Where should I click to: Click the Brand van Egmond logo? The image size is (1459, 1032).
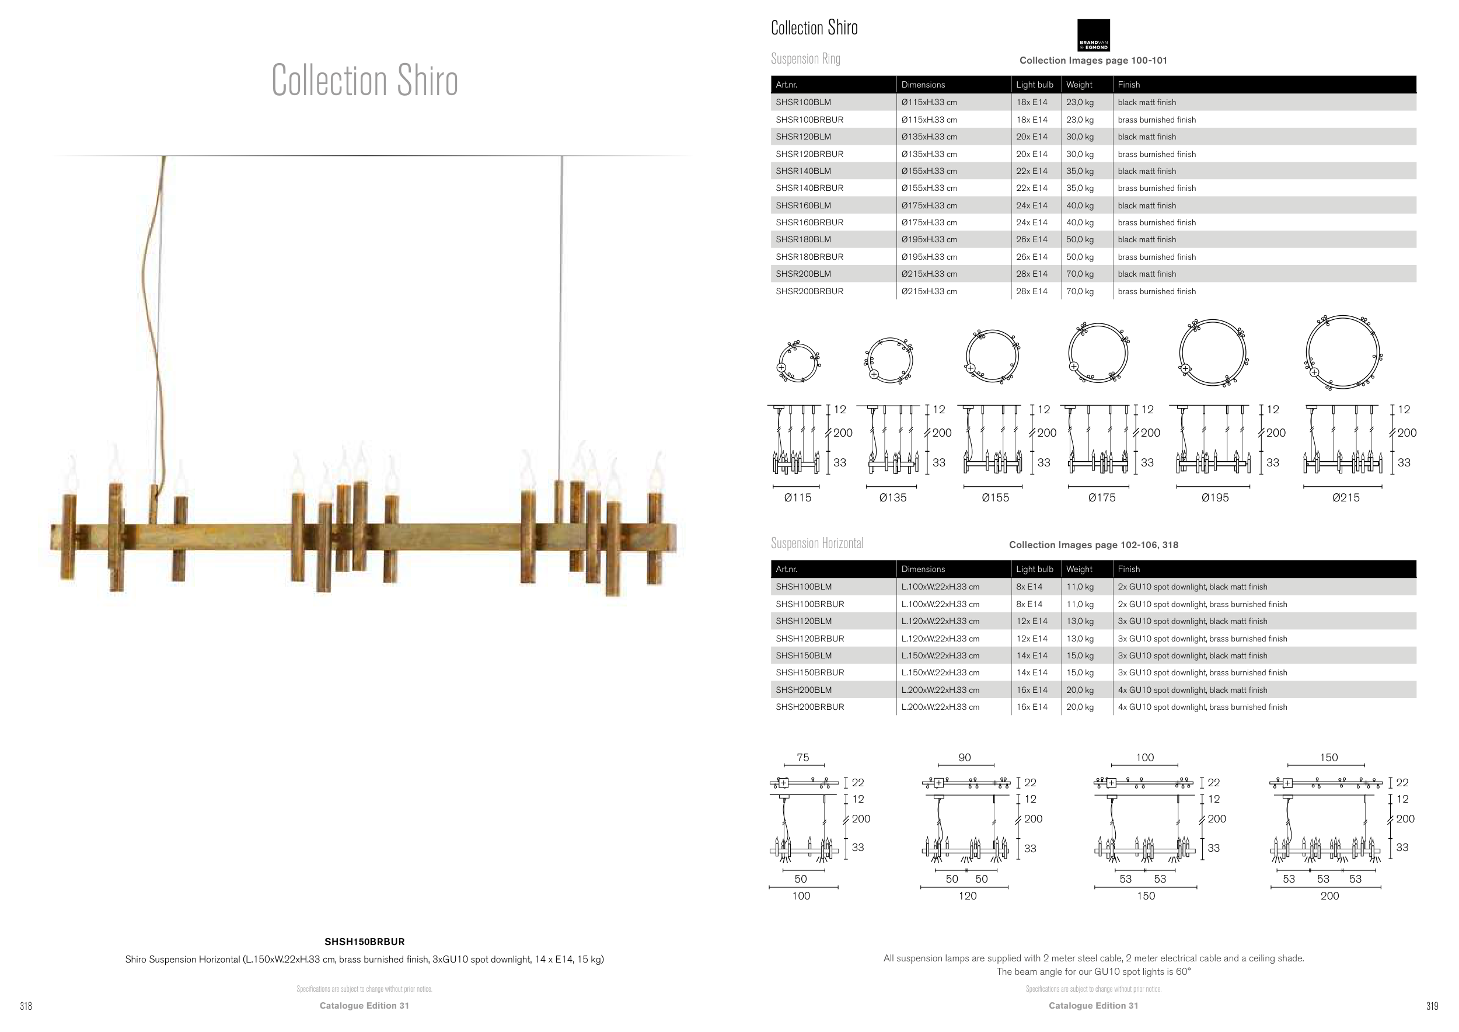pos(1093,35)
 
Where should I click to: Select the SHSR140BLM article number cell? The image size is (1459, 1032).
pos(803,171)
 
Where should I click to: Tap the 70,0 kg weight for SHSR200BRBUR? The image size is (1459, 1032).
pos(1080,291)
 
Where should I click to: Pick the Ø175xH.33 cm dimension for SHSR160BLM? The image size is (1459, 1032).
pos(929,205)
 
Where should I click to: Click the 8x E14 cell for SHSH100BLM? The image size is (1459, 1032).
pos(1029,587)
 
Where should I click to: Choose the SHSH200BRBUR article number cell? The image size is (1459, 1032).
pos(809,707)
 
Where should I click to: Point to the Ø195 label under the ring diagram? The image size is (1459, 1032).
pos(1214,497)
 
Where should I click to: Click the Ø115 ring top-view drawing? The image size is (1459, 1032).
pos(798,361)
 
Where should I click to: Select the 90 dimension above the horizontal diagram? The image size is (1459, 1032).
pos(965,758)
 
